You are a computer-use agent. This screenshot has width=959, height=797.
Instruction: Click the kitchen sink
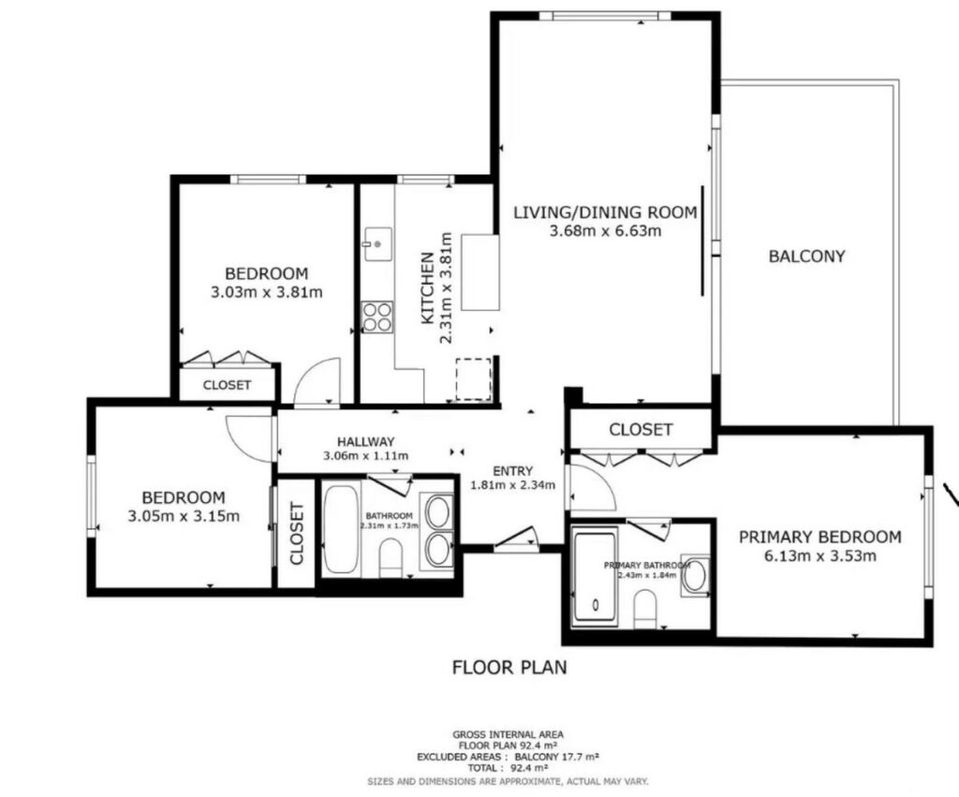(378, 244)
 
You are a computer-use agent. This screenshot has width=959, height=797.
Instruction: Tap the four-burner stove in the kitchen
(377, 317)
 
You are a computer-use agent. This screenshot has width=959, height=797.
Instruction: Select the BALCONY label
(806, 256)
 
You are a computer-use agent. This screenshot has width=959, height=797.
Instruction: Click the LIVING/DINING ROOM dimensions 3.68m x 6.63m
(605, 231)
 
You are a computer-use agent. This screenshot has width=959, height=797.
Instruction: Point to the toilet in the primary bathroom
(645, 608)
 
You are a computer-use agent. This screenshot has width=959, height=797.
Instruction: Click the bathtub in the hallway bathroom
(341, 529)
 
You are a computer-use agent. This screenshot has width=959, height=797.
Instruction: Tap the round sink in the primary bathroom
(696, 576)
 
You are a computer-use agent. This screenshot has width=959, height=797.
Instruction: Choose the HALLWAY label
(366, 441)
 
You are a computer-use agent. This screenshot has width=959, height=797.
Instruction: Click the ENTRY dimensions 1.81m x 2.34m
(512, 485)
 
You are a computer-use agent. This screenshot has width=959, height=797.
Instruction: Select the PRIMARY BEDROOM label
(820, 537)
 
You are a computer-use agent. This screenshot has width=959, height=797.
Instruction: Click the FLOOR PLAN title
(509, 667)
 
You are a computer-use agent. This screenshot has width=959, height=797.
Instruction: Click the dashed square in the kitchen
(473, 379)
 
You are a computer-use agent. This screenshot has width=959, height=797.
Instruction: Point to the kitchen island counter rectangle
(480, 273)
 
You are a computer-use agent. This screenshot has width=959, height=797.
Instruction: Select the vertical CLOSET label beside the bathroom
(297, 533)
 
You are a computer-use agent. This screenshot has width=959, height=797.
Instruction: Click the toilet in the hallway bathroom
(391, 558)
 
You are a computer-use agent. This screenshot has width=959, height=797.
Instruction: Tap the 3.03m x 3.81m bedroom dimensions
(267, 292)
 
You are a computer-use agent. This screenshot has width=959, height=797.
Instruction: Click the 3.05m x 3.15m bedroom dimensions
(184, 516)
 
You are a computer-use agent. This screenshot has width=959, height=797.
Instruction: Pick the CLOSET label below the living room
(641, 429)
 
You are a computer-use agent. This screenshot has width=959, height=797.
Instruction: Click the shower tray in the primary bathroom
(595, 579)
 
